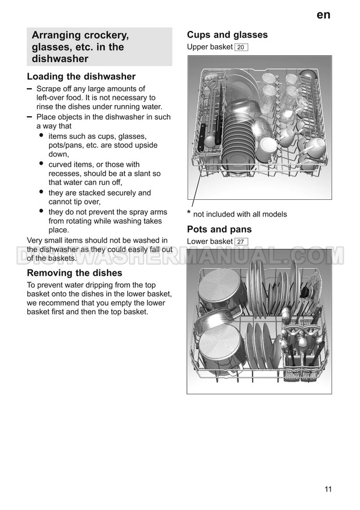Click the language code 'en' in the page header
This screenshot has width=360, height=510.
(323, 15)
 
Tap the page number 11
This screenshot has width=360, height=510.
(328, 489)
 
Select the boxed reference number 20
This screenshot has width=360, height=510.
(242, 47)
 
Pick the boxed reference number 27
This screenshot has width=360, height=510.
(242, 242)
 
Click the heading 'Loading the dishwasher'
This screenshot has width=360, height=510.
(81, 77)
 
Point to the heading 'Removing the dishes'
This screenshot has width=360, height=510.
(75, 273)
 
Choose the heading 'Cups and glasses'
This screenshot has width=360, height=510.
(227, 35)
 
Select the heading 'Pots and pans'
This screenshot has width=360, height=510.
(219, 229)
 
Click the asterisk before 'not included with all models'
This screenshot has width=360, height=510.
(189, 213)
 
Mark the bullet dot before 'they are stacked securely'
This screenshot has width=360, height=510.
(41, 192)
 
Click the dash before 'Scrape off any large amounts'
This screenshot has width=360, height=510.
(30, 88)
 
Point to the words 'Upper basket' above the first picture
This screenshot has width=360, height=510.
(210, 47)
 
